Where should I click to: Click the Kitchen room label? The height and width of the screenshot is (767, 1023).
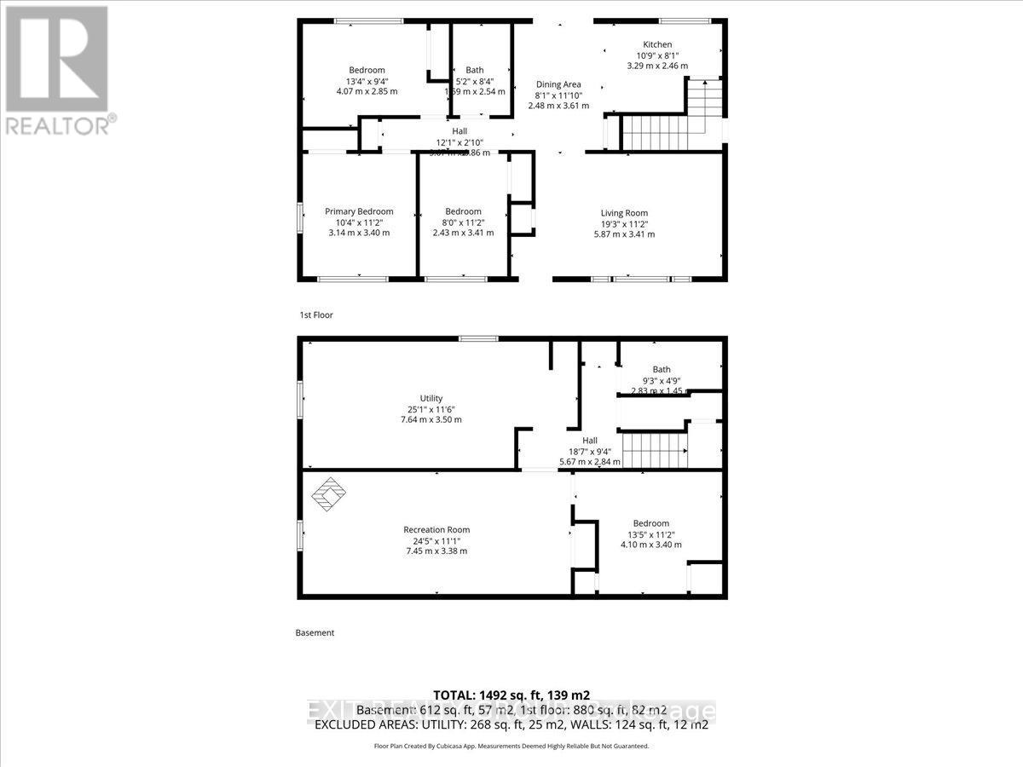657,44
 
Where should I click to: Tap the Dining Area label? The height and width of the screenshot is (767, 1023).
558,84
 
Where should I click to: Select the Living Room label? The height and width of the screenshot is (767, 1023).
625,213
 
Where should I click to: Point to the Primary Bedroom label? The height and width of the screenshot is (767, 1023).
359,211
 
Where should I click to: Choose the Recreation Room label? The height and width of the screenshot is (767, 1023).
436,529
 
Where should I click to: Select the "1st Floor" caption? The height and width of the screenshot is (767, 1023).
316,315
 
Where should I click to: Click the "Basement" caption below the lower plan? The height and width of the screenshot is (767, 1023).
315,633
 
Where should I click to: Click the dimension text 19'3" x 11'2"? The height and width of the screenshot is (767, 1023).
625,223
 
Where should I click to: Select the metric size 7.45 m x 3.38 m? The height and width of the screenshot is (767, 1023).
436,551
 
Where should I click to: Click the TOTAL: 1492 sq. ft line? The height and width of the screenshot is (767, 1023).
511,695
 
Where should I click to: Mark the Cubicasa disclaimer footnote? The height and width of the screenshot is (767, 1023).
511,746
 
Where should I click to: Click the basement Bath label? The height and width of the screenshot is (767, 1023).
662,369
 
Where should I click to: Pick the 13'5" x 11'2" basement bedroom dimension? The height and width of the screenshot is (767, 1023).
650,534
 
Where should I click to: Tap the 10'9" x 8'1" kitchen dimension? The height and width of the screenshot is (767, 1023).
657,55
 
